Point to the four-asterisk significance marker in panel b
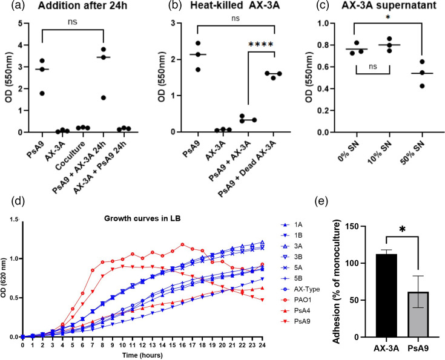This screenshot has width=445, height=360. coord(260,44)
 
